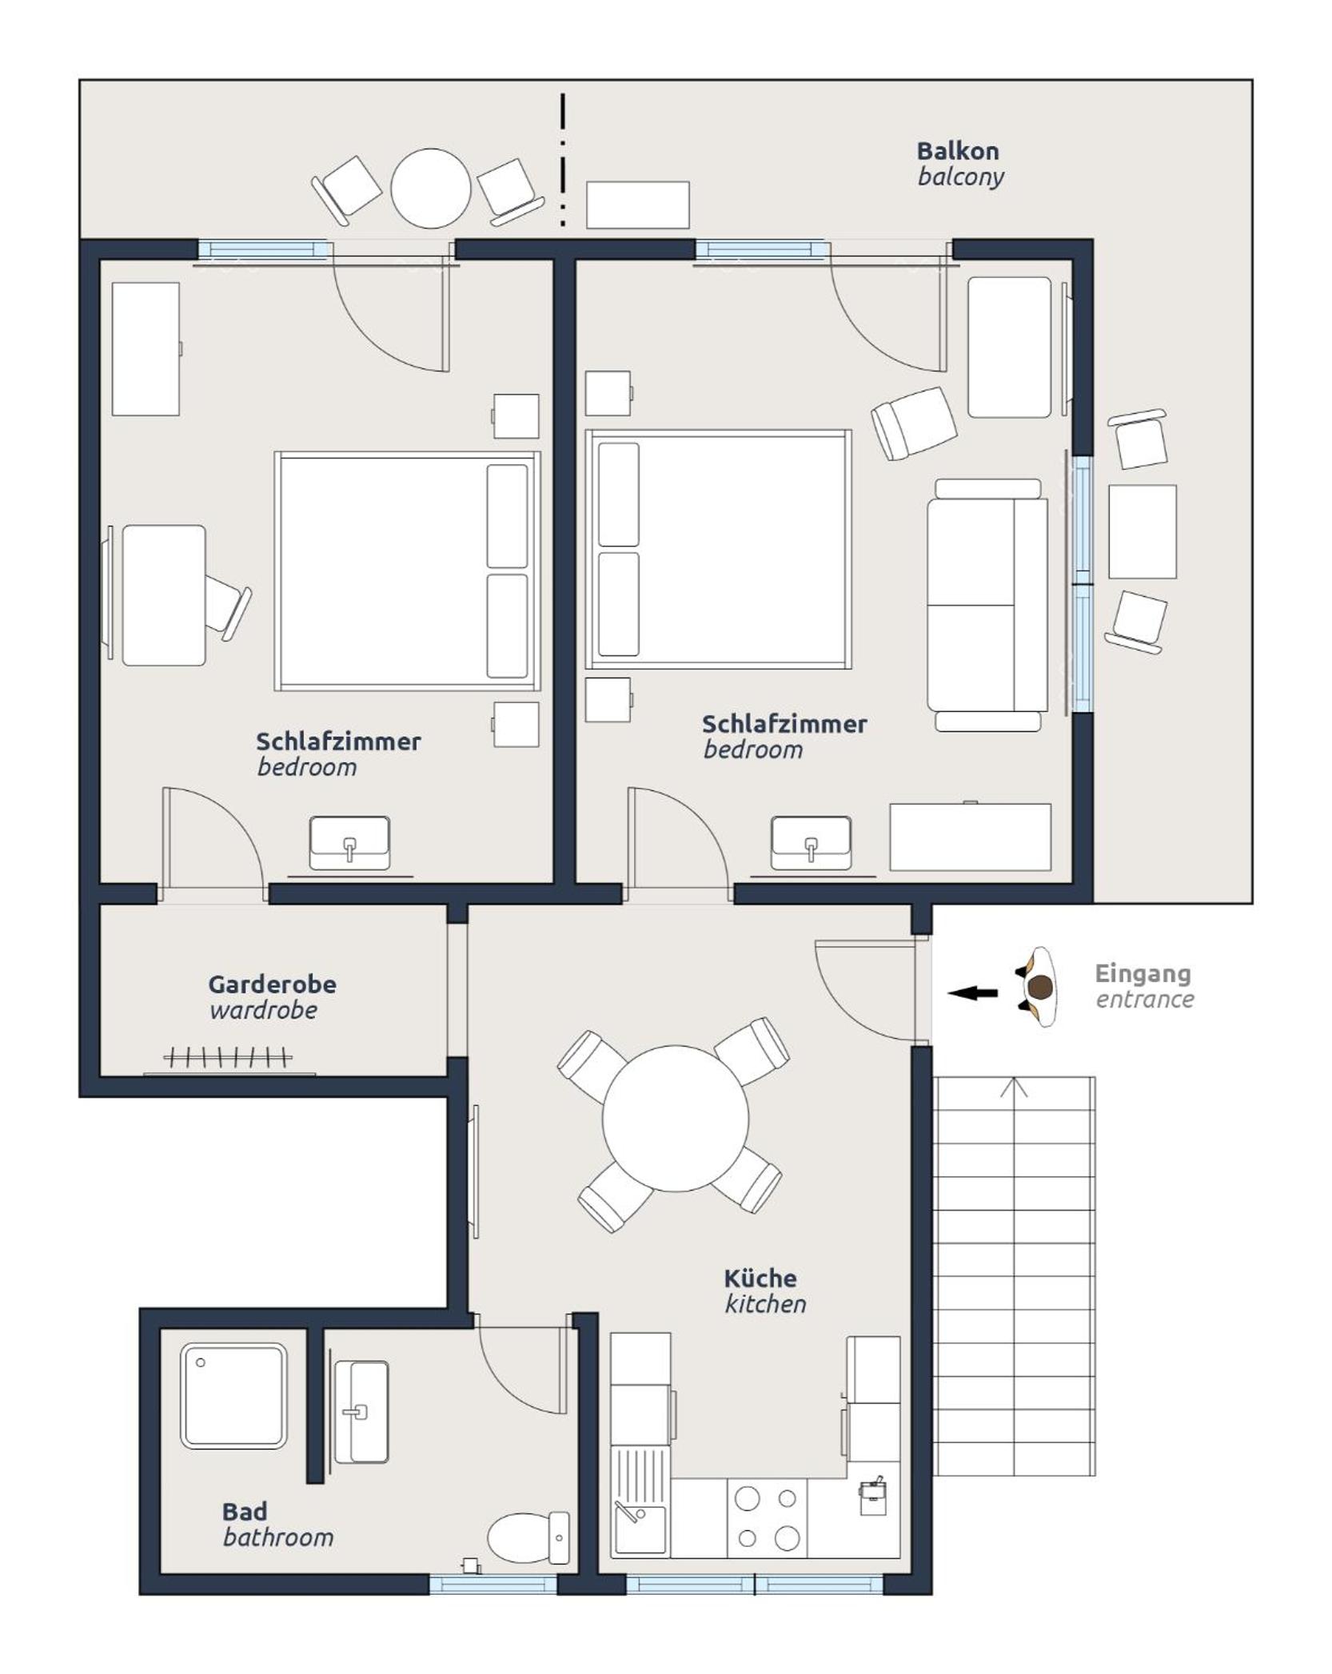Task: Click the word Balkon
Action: click(x=957, y=151)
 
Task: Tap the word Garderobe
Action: click(x=272, y=984)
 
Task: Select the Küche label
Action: click(x=760, y=1278)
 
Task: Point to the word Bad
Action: click(x=244, y=1512)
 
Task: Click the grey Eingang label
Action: click(x=1143, y=975)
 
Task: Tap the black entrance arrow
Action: click(x=973, y=993)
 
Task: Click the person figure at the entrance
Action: click(x=1039, y=987)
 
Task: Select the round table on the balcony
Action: click(x=430, y=188)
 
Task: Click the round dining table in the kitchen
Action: click(x=676, y=1119)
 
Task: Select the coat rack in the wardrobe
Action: click(x=228, y=1058)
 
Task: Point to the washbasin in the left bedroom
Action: click(x=349, y=843)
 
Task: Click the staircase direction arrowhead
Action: click(x=1014, y=1088)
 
